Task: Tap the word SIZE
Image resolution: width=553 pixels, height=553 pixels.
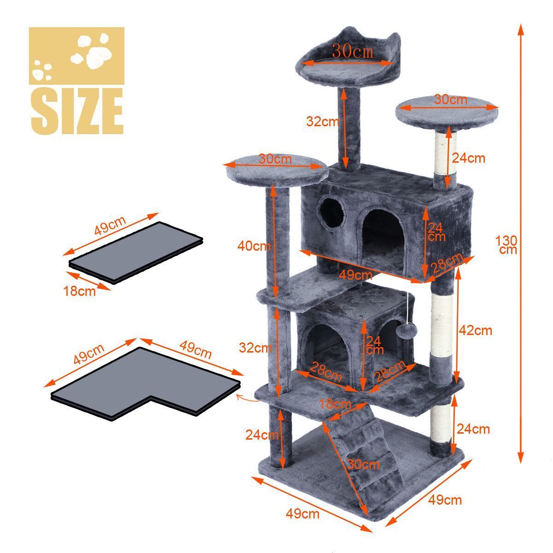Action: click(77, 111)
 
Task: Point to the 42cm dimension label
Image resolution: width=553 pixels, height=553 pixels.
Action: click(476, 330)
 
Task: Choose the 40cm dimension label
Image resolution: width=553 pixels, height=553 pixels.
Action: click(253, 246)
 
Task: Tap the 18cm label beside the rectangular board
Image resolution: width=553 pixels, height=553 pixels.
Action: click(79, 291)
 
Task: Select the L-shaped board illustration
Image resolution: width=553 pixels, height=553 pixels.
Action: click(145, 384)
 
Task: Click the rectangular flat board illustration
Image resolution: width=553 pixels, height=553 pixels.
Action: click(136, 253)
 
